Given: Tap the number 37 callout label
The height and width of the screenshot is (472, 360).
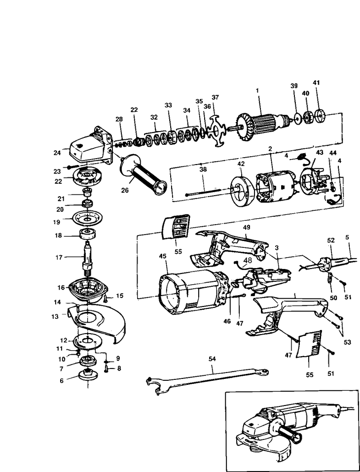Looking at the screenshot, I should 215,97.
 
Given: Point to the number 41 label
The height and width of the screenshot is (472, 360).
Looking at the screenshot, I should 316,82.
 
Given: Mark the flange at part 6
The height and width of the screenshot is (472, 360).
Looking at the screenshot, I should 88,378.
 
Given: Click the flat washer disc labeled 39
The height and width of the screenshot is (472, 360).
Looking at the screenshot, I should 297,118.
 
